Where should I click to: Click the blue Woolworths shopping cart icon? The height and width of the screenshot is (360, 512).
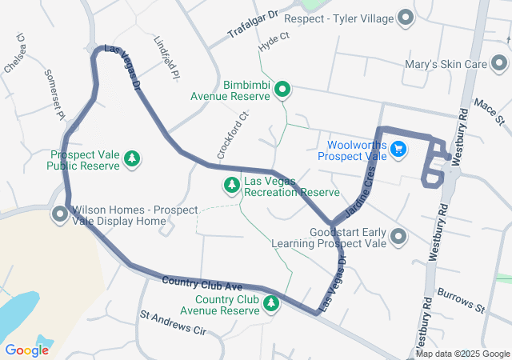tap(398, 149)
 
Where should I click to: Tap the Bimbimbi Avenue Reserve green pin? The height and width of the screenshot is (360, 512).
tap(282, 90)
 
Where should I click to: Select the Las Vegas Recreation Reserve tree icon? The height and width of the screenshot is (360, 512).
tap(232, 186)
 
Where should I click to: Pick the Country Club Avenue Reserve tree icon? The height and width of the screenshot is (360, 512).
tap(271, 304)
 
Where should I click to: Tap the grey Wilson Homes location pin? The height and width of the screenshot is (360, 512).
tap(60, 214)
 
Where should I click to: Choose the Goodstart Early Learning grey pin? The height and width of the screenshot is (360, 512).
tap(399, 236)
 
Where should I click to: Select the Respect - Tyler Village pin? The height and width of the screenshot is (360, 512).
tap(406, 18)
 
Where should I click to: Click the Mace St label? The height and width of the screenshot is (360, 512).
tap(491, 113)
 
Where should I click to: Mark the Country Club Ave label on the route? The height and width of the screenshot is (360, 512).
tap(202, 283)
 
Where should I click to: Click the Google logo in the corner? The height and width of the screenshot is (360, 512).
tap(27, 350)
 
